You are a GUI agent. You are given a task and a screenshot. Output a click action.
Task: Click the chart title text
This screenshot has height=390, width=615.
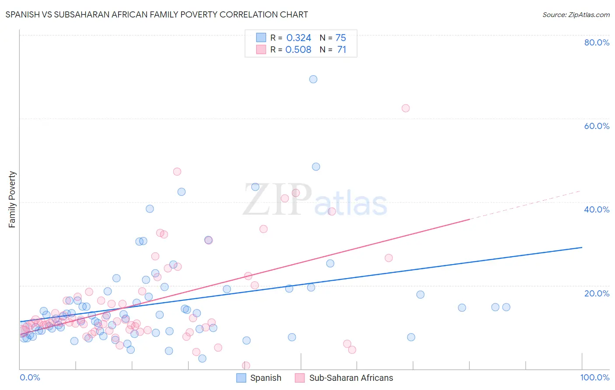157,14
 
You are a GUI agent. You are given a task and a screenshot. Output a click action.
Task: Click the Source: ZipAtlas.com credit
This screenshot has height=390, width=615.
576,14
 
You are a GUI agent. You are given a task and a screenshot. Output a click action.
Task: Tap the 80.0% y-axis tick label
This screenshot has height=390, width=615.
597,42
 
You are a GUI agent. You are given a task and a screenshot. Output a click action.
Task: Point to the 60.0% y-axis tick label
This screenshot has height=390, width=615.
597,126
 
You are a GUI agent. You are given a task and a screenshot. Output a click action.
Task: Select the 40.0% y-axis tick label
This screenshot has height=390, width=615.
597,209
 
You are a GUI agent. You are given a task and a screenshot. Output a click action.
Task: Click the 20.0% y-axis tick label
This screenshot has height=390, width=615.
597,293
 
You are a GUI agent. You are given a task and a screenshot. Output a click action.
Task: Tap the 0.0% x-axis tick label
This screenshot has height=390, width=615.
30,377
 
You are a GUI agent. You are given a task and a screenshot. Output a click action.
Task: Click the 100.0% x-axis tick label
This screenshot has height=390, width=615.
594,377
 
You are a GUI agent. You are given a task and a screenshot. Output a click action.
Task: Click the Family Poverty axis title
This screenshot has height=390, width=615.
12,199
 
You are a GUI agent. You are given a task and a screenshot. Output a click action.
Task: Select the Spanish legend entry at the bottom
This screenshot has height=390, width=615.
259,378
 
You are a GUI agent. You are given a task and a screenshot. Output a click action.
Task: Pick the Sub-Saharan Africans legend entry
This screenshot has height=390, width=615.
344,378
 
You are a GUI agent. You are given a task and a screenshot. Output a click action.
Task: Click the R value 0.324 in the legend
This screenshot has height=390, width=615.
299,38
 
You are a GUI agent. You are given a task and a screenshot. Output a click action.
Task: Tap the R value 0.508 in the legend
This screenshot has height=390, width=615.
298,50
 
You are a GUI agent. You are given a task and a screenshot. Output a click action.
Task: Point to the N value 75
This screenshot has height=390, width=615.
341,38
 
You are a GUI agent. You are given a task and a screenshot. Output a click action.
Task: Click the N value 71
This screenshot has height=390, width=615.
342,50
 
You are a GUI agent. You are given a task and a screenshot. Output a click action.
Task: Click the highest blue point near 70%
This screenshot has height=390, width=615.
313,79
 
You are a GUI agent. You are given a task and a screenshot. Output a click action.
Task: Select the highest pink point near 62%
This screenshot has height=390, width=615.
405,108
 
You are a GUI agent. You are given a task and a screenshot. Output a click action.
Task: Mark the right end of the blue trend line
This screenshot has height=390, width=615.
582,247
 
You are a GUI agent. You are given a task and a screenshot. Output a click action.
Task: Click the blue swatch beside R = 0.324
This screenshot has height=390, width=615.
261,38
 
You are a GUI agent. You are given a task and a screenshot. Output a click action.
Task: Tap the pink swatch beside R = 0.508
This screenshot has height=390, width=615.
261,49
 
